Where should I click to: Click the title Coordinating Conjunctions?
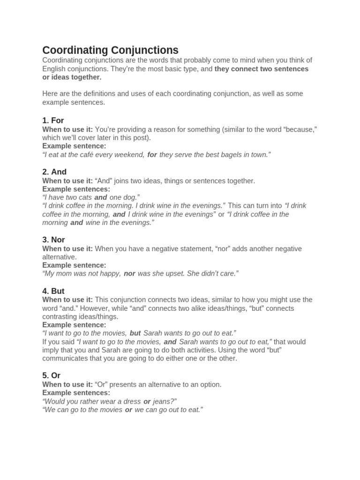click(110, 50)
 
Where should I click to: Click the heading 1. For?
click(53, 120)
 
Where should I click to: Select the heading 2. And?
click(54, 172)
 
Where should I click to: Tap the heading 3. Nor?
click(53, 240)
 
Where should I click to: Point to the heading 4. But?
click(53, 291)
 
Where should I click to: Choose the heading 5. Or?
click(52, 375)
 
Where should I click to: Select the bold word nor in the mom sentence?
click(129, 273)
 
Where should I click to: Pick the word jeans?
click(165, 401)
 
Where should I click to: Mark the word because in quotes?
click(300, 129)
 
